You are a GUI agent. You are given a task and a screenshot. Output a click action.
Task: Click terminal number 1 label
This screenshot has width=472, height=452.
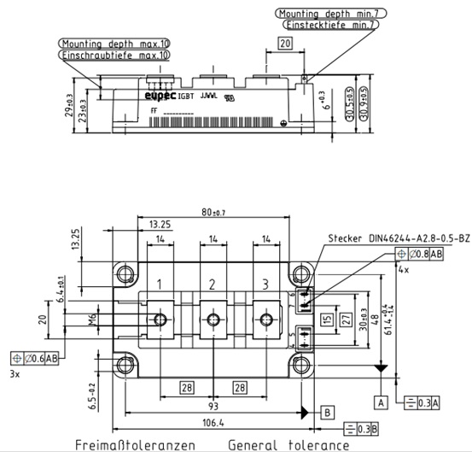point(159,284)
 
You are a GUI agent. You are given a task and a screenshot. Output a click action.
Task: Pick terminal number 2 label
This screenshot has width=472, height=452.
point(212,284)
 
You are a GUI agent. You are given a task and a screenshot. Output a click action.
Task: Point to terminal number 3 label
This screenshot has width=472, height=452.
point(265,284)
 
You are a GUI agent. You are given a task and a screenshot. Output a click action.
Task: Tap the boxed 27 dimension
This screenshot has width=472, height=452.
point(346,319)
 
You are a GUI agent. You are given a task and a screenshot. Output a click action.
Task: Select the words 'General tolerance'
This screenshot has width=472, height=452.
point(288,445)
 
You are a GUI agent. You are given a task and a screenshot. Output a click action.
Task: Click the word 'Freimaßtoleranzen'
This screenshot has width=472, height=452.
point(135,445)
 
